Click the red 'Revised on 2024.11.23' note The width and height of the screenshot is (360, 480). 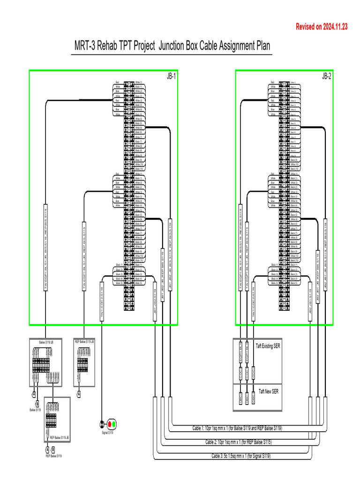click(x=321, y=27)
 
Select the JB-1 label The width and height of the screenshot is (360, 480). click(x=171, y=76)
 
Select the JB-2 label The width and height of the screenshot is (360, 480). click(x=326, y=76)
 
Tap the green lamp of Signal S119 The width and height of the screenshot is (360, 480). click(x=114, y=424)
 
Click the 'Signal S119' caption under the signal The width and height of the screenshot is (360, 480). click(x=107, y=432)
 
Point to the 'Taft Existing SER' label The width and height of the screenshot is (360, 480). click(x=268, y=346)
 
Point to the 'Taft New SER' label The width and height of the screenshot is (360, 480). click(x=268, y=391)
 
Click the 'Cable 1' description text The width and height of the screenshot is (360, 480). click(x=237, y=428)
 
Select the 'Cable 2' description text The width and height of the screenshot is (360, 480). click(x=238, y=442)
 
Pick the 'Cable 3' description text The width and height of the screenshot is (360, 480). click(x=240, y=456)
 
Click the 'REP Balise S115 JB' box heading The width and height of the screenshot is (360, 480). click(x=84, y=342)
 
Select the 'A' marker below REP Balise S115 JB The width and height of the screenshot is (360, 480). click(x=79, y=394)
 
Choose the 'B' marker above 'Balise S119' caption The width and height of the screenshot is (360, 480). click(x=37, y=404)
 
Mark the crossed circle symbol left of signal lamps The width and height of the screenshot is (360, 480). click(x=102, y=424)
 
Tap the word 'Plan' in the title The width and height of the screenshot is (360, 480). click(x=262, y=46)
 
